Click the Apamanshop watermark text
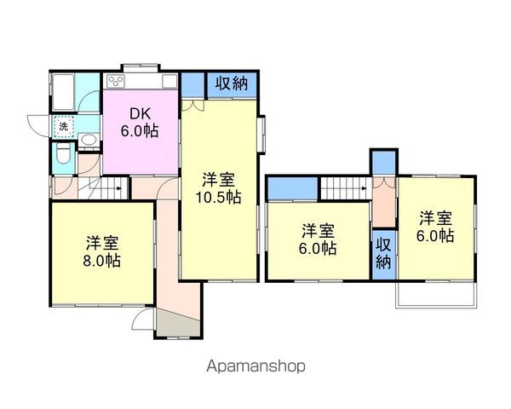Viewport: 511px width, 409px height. pos(255,366)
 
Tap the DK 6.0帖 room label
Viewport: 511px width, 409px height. pos(140,123)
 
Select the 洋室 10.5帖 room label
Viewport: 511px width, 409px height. pos(218,188)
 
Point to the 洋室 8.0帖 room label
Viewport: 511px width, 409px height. pos(102,251)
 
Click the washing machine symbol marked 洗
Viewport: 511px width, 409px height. pos(63,127)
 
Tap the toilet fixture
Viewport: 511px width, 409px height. pos(63,154)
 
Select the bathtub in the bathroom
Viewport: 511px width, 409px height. pos(63,92)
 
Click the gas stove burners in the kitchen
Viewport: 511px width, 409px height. pos(116,81)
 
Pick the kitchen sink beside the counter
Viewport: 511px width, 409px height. pos(169,81)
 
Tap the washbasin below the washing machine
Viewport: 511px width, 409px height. pos(89,141)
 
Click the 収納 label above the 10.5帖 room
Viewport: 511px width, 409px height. pos(232,84)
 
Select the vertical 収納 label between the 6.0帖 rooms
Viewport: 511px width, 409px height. pos(383,254)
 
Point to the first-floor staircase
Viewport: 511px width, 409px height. pos(103,188)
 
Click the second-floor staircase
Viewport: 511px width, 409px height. pos(346,188)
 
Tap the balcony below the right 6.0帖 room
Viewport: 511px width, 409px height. pos(436,294)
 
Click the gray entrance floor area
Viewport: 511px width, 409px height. pos(178,322)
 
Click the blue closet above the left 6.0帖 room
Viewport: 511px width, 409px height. pos(292,188)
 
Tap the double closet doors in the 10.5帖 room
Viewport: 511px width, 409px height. pos(192,106)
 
